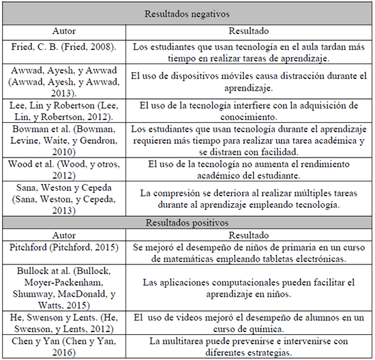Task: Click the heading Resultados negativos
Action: click(187, 12)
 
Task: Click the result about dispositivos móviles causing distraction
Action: click(249, 80)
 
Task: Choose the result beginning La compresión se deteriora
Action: click(249, 198)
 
